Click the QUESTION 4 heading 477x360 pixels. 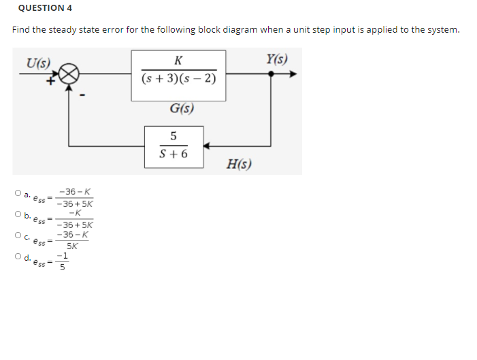click(45, 8)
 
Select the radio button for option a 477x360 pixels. click(16, 194)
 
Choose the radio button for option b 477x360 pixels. click(16, 215)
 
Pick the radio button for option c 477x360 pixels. click(16, 236)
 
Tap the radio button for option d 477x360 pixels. click(16, 257)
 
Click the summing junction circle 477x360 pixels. click(70, 73)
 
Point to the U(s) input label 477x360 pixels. click(38, 62)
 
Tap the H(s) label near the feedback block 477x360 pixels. click(240, 163)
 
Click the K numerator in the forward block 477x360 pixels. click(178, 60)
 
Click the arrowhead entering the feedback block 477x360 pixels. click(208, 145)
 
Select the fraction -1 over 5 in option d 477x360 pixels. click(63, 262)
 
